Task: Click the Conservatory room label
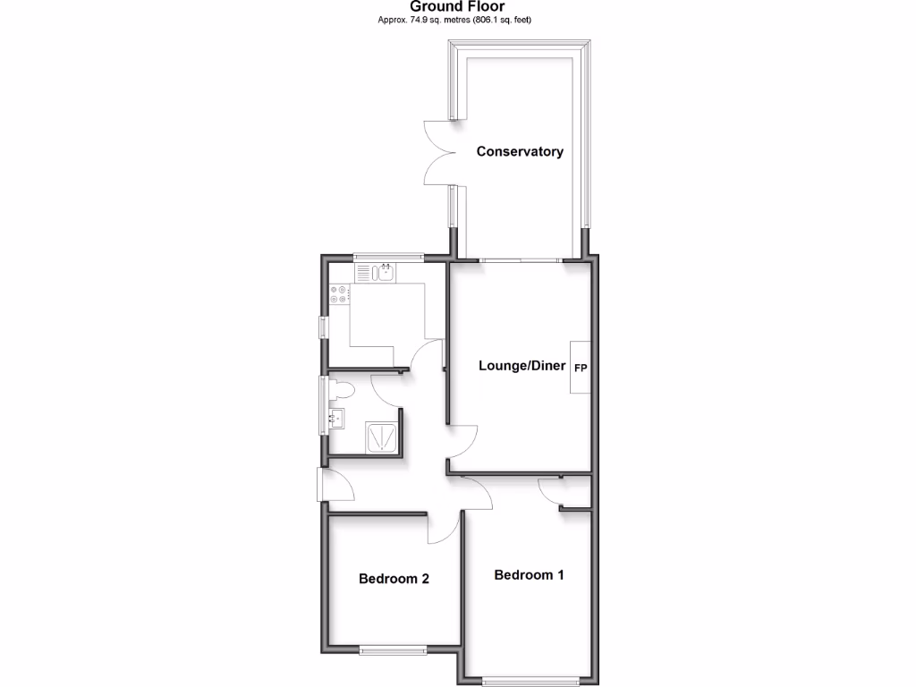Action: click(x=520, y=151)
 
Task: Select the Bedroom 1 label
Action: click(x=529, y=574)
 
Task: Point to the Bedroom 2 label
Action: click(x=394, y=579)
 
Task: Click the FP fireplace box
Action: click(x=580, y=367)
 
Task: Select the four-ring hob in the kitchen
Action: click(x=339, y=294)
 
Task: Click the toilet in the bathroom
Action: click(x=341, y=391)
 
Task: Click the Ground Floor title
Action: click(x=457, y=7)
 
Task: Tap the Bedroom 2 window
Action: click(x=393, y=650)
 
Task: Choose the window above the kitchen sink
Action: click(x=387, y=258)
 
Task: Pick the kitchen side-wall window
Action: click(x=322, y=327)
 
